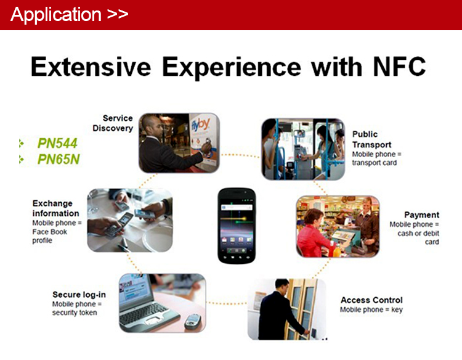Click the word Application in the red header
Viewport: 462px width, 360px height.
(x=56, y=15)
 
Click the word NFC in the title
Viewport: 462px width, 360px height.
(x=399, y=67)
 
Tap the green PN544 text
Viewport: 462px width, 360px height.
(x=57, y=143)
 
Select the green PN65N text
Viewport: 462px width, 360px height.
(x=59, y=159)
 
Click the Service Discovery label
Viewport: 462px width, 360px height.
(x=113, y=123)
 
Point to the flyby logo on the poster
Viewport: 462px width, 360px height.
(x=201, y=125)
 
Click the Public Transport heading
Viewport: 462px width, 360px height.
(x=372, y=139)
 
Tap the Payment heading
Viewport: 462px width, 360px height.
(x=421, y=215)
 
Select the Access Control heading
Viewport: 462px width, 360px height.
(x=371, y=300)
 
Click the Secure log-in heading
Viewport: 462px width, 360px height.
(x=79, y=295)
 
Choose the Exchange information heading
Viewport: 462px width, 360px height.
(x=55, y=208)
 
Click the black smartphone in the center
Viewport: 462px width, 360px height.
(x=237, y=226)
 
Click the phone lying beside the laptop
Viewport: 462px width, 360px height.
(x=192, y=321)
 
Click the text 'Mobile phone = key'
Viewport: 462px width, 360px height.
(x=371, y=309)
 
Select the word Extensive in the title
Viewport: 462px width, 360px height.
(x=91, y=67)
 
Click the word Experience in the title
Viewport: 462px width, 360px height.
(x=232, y=68)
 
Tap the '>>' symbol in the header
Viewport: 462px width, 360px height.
(x=118, y=14)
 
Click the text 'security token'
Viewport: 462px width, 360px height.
(x=75, y=313)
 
